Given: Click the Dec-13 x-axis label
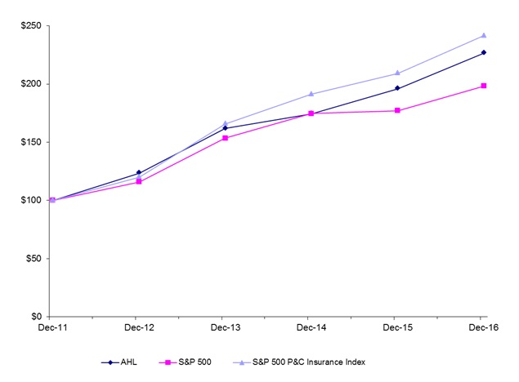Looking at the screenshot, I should pos(222,327).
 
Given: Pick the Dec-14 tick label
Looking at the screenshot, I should pos(308,327).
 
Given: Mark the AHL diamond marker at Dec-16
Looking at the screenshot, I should pos(484,52).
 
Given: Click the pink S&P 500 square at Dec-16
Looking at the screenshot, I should pos(484,86).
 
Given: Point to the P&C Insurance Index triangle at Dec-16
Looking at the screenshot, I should pos(484,35).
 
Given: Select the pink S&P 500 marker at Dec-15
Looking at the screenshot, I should pos(397,110).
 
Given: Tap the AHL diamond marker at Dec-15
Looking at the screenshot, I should pos(397,88).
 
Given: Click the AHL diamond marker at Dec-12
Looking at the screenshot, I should pos(138,172).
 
